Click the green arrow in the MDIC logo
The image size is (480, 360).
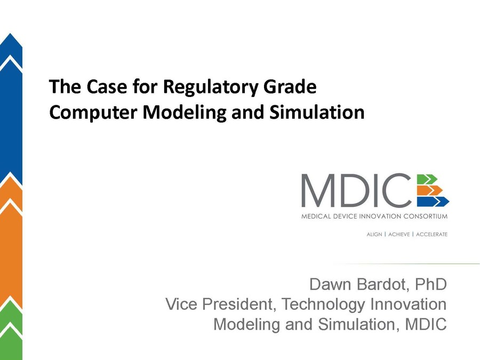pyautogui.click(x=427, y=178)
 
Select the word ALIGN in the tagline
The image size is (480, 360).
pyautogui.click(x=374, y=234)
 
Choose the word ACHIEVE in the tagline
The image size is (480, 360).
pyautogui.click(x=398, y=234)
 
